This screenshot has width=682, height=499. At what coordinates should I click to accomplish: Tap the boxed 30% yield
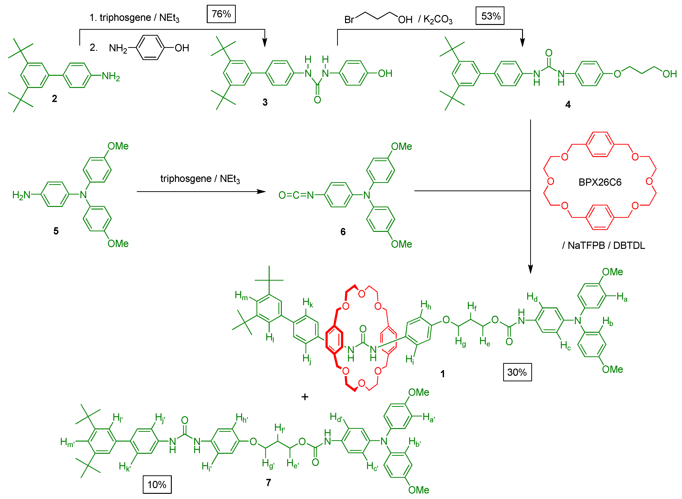[x=517, y=372]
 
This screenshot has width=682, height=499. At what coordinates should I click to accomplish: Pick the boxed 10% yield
[x=157, y=485]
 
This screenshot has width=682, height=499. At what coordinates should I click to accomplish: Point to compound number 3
[x=265, y=102]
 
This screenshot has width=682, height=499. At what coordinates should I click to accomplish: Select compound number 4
[x=568, y=105]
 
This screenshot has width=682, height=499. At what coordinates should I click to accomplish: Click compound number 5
[x=56, y=231]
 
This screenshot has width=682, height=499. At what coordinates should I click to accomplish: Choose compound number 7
[x=269, y=483]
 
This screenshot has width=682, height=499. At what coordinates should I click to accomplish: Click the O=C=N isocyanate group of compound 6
[x=296, y=195]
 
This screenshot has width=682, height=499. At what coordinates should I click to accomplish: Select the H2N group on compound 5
[x=21, y=195]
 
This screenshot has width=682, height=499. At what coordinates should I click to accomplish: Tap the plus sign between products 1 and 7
[x=305, y=397]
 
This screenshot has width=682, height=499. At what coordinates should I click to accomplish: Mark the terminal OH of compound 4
[x=669, y=74]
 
